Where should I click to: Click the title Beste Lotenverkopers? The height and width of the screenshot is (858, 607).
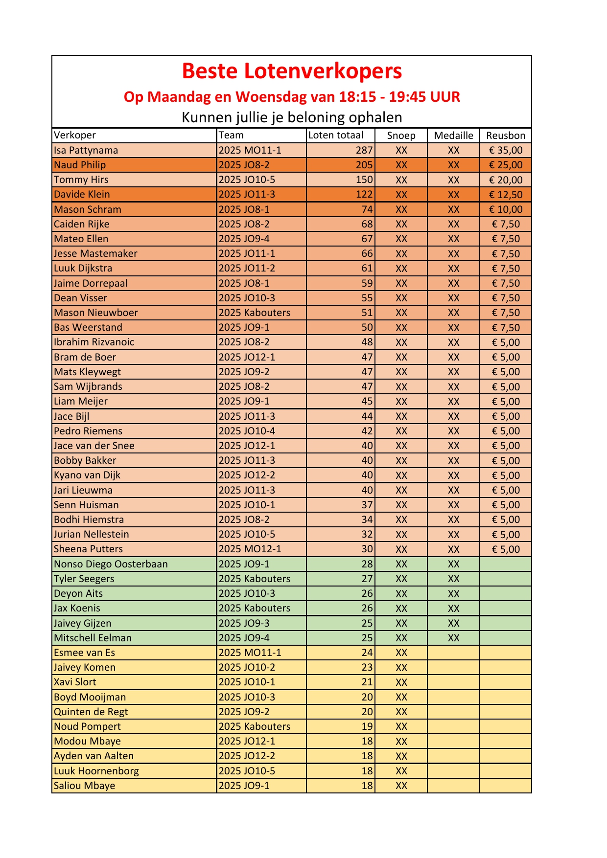click(292, 71)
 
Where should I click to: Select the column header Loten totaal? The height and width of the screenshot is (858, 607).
click(336, 135)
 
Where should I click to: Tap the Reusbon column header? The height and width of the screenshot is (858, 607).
click(505, 135)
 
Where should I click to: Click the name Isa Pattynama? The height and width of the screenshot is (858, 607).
click(86, 150)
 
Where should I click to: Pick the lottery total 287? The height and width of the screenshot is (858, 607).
click(364, 150)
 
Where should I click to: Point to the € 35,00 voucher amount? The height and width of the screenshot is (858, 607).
click(506, 150)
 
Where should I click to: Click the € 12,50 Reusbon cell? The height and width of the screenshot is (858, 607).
click(506, 195)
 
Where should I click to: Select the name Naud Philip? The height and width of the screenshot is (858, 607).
click(80, 165)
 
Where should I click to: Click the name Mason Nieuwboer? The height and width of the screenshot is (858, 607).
click(96, 313)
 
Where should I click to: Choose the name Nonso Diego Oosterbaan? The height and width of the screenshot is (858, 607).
click(111, 564)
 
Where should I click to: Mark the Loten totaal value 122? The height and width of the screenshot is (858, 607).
click(364, 195)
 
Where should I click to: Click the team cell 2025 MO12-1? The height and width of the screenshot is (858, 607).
click(250, 549)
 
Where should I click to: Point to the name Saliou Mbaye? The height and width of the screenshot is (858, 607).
click(85, 786)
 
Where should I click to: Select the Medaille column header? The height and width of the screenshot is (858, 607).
click(453, 135)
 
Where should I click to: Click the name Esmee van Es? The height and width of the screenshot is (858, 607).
click(85, 653)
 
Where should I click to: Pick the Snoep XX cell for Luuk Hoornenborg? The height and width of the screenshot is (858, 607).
click(401, 771)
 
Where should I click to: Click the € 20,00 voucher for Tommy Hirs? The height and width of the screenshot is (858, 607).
click(506, 180)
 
